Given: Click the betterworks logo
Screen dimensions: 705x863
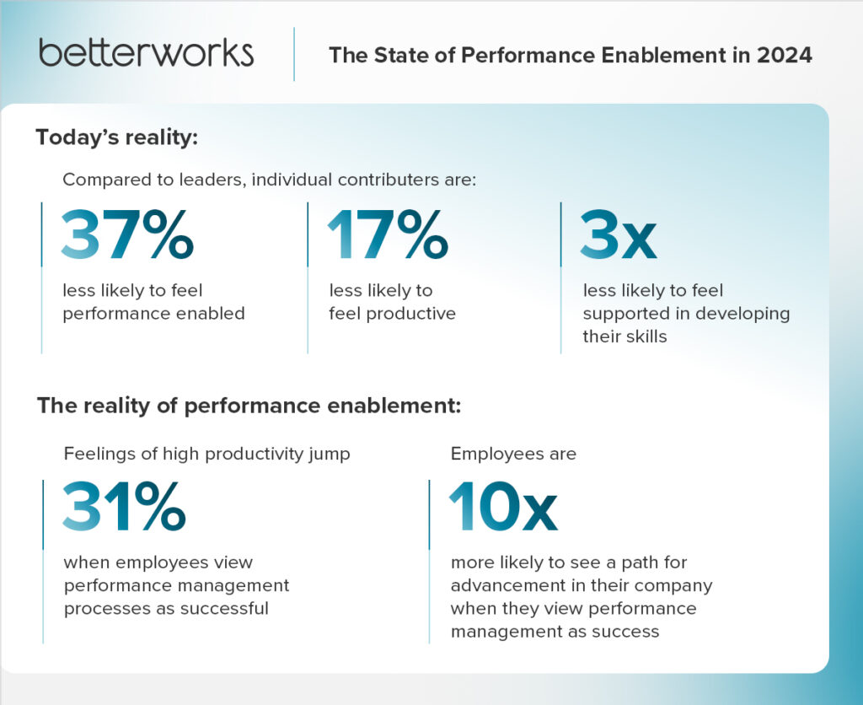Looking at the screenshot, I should pos(146,52).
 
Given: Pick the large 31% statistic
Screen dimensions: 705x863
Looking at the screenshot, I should pos(124,507).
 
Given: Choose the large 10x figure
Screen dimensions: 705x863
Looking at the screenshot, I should pos(503,507).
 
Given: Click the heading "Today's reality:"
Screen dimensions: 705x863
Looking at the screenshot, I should pos(116,137).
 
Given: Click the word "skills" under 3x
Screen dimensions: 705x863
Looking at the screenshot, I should pos(643,336).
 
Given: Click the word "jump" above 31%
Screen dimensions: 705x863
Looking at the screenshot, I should pos(330,454).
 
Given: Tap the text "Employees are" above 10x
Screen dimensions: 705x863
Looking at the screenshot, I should pos(513,454).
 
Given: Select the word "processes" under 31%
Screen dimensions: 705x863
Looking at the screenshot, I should pos(101,607).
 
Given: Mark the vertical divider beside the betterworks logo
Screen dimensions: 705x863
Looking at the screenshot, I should pos(294,54).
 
